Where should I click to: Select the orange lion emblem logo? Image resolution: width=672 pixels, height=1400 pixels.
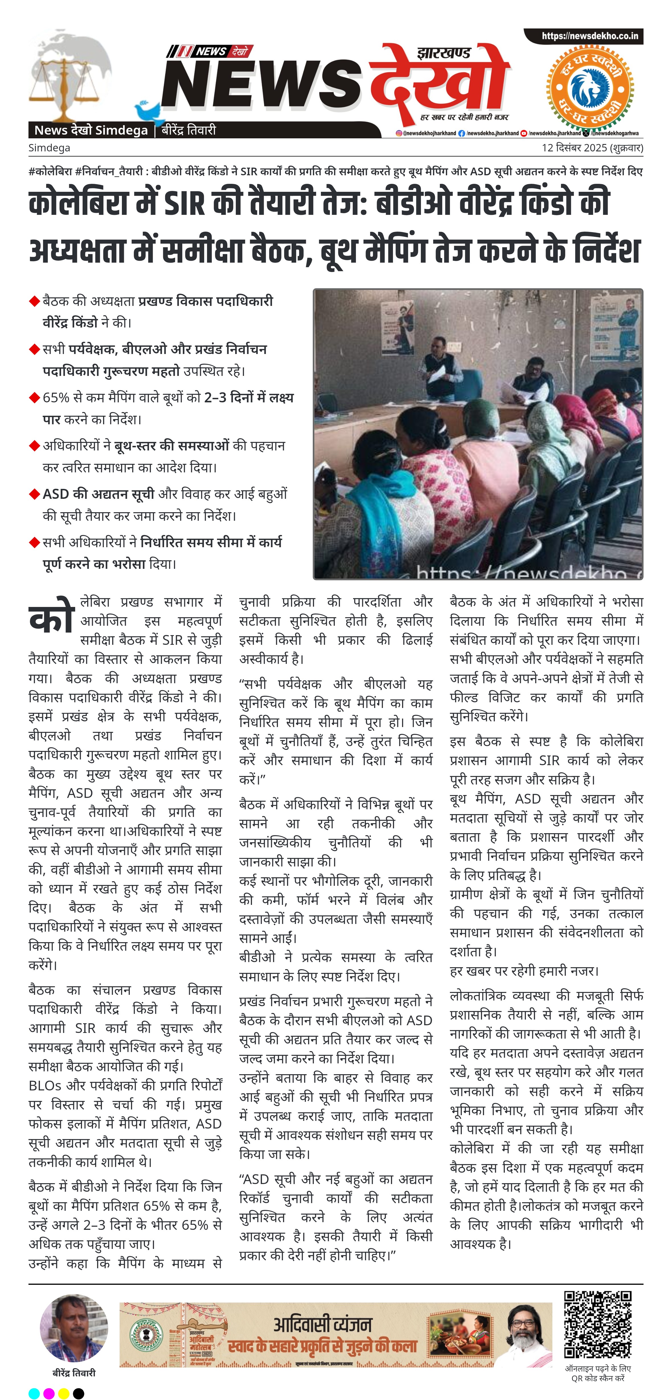(590, 87)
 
